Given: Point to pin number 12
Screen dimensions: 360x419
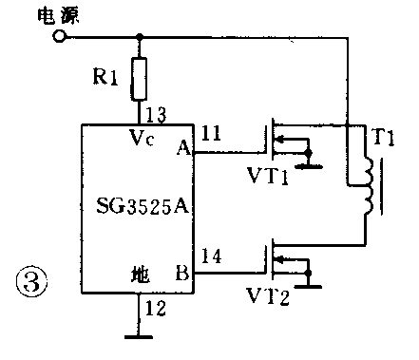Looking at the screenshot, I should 155,307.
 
